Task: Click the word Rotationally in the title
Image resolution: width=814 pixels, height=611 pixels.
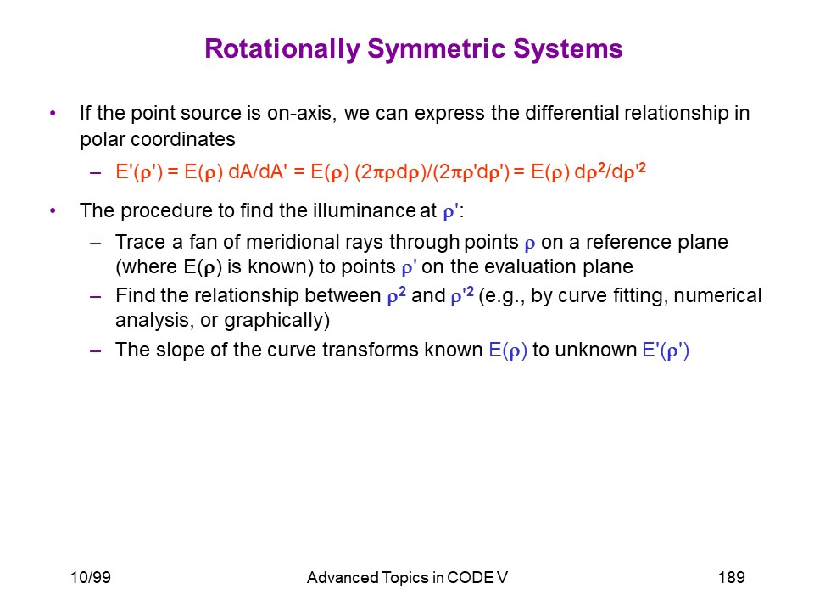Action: coord(282,49)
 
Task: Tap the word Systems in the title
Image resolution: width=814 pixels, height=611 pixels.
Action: coord(568,49)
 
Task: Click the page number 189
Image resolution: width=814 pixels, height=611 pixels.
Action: coord(732,577)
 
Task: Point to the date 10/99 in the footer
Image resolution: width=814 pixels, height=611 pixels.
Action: coord(91,577)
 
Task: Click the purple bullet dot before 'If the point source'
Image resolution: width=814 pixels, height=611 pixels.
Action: coord(53,113)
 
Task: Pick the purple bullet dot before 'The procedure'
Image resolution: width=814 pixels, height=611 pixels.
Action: coord(53,210)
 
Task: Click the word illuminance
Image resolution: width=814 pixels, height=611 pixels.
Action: coord(364,210)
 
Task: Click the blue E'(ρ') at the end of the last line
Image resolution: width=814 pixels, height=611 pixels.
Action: coord(666,350)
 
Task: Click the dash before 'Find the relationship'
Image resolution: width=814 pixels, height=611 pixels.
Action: coord(95,297)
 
